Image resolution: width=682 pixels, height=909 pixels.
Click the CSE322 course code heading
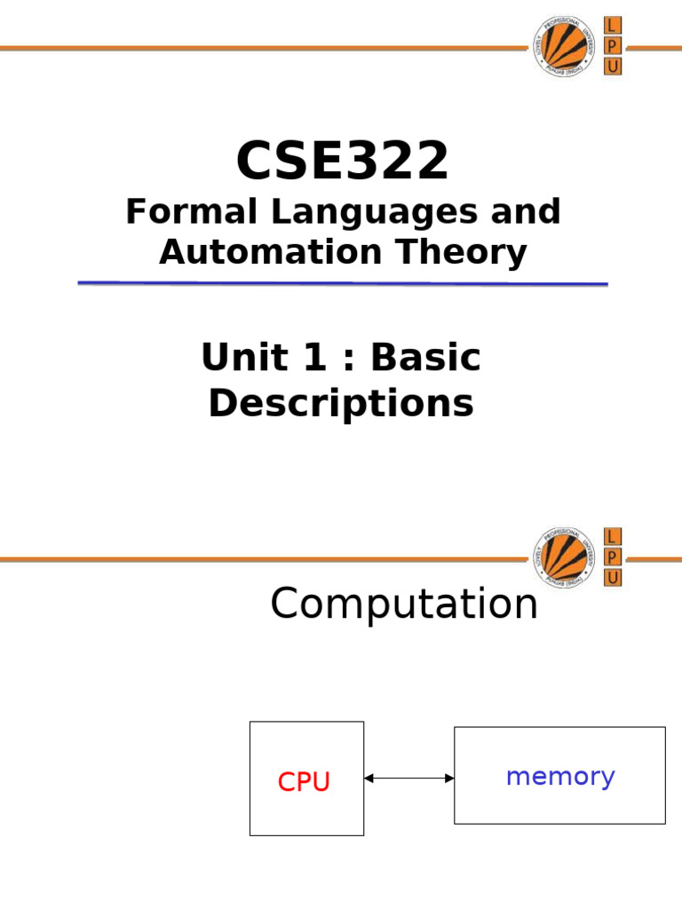click(x=342, y=162)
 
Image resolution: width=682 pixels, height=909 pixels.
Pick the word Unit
click(x=233, y=358)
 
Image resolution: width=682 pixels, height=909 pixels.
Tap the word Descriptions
click(x=341, y=403)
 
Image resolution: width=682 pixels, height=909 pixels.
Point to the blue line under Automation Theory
click(x=342, y=283)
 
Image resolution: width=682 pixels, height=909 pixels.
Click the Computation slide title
click(x=404, y=605)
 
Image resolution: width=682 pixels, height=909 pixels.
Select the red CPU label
click(x=304, y=782)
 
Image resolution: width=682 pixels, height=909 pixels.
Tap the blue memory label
click(x=559, y=777)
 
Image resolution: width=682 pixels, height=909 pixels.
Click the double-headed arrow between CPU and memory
click(x=408, y=779)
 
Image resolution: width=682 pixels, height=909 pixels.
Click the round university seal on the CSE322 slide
click(x=565, y=47)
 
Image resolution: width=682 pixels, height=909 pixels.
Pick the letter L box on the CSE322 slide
click(x=613, y=25)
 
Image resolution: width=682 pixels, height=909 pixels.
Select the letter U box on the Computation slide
click(x=613, y=578)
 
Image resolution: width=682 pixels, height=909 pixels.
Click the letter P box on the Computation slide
click(x=613, y=557)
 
